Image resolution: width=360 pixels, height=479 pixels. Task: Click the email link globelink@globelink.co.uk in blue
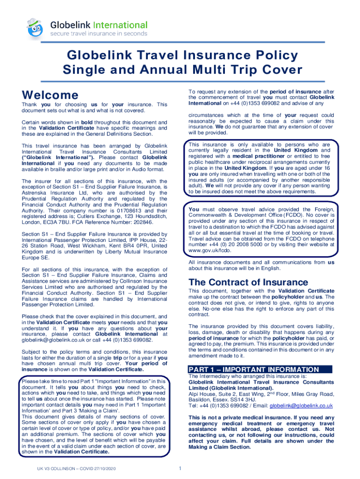[302, 406]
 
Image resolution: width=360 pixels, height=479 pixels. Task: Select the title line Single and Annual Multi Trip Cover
[180, 70]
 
